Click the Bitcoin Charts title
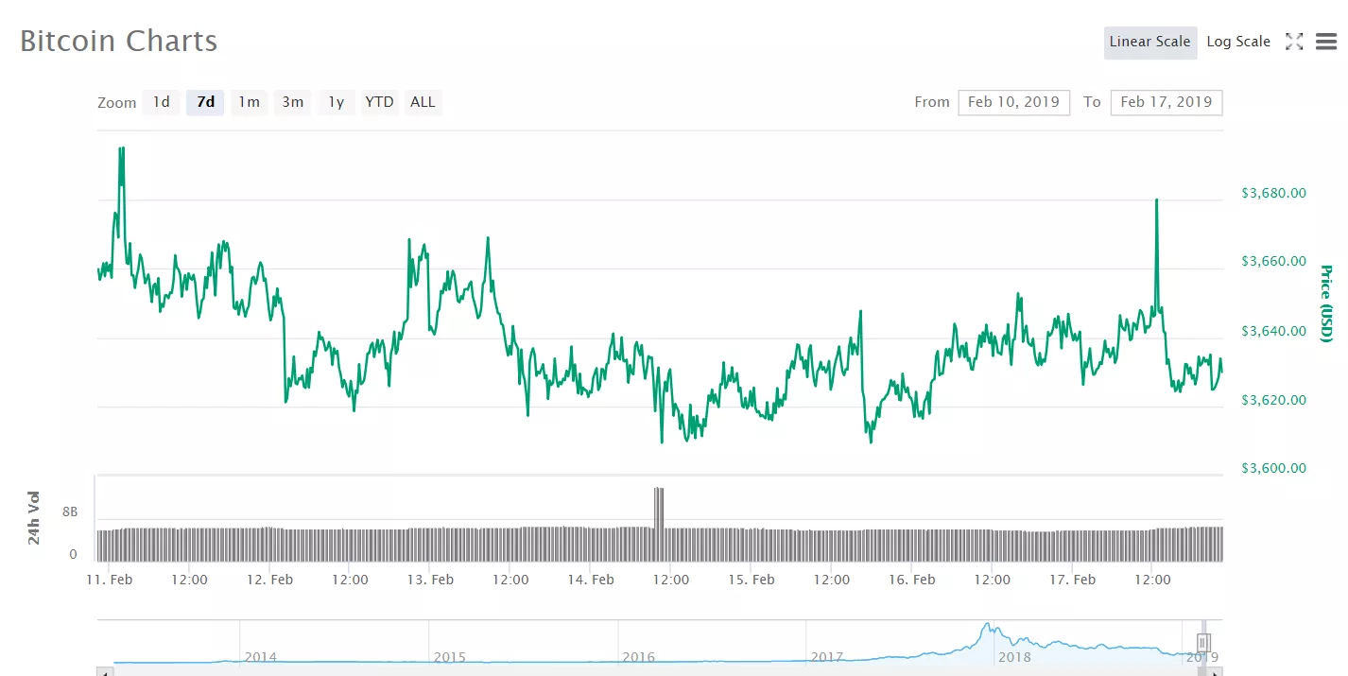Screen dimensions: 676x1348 click(x=119, y=42)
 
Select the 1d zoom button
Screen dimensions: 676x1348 click(x=162, y=102)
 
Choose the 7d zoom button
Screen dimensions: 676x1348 click(x=205, y=102)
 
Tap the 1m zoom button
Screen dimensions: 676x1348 click(x=249, y=102)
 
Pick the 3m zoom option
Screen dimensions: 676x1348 click(x=292, y=102)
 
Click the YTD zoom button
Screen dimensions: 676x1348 click(x=379, y=102)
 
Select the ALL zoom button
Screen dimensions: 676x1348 click(x=423, y=102)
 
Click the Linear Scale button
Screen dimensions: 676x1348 click(x=1149, y=42)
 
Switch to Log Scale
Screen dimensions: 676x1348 click(x=1238, y=42)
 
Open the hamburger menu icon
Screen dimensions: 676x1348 click(x=1326, y=42)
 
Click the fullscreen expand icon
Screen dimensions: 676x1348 click(x=1294, y=42)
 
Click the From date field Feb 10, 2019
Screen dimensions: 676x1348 click(x=1013, y=102)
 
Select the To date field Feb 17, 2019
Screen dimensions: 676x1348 click(x=1167, y=102)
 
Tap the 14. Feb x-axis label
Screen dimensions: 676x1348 click(x=590, y=580)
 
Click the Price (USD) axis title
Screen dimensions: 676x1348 click(x=1326, y=304)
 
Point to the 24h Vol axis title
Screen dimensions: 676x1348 click(x=34, y=517)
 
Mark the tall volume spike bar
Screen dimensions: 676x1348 click(x=659, y=509)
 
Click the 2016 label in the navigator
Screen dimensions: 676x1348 click(x=638, y=657)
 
